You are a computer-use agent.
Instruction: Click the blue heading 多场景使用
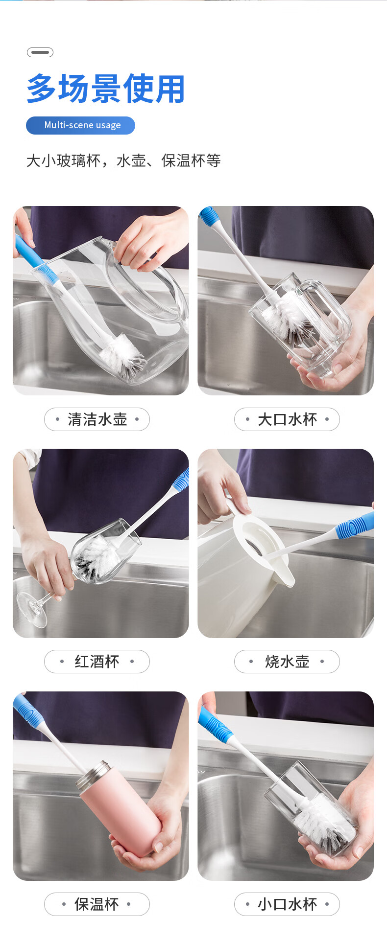coord(106,89)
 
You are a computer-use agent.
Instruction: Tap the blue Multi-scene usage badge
coord(80,125)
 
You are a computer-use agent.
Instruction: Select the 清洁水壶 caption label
coord(97,419)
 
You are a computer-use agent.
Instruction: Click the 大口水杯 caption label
coord(287,419)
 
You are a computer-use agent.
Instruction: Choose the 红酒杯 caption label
coord(97,662)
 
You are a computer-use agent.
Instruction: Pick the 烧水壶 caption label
coord(287,662)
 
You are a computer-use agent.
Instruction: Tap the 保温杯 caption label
coord(97,904)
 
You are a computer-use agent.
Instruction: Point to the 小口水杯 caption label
coord(287,904)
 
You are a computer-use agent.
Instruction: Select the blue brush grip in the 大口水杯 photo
coord(209,216)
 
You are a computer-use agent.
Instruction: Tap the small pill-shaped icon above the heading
coord(40,52)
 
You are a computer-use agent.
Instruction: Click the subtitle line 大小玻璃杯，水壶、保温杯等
coord(123,161)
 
